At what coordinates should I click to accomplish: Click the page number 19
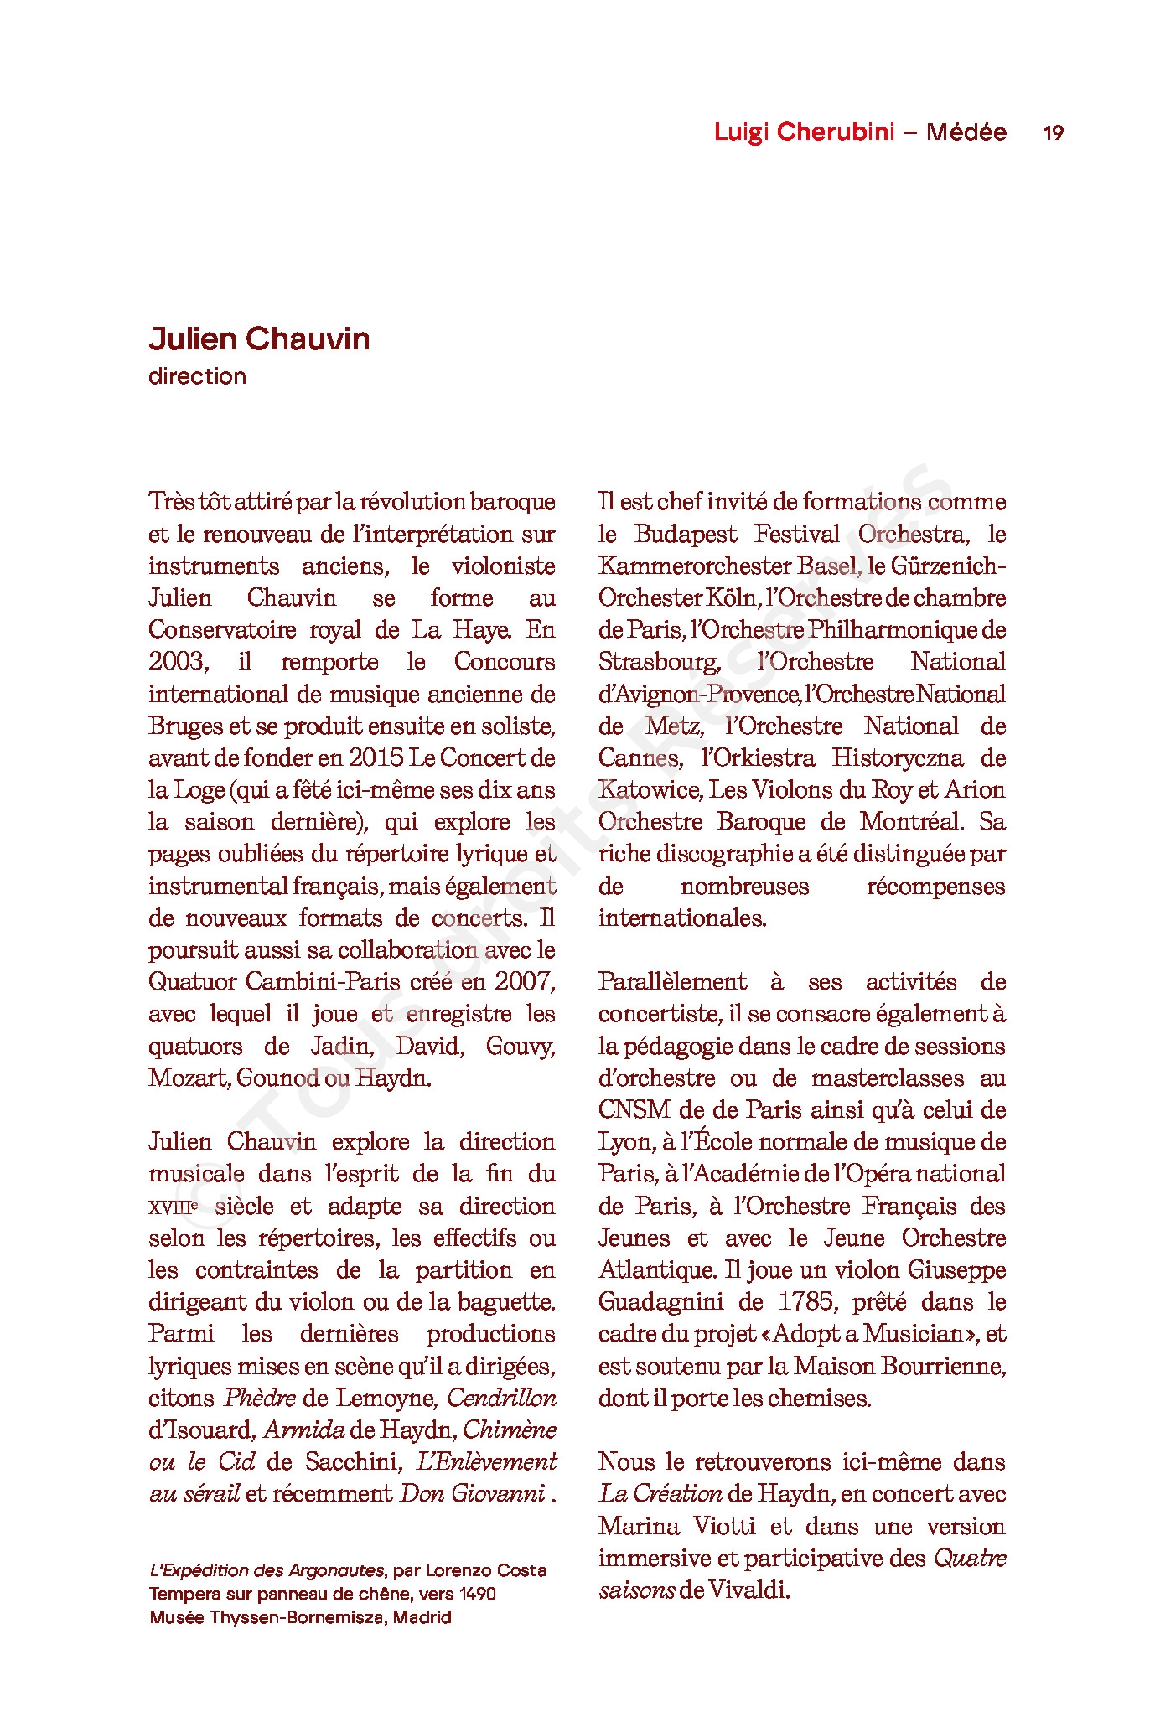tap(1054, 132)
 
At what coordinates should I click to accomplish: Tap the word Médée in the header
tap(966, 132)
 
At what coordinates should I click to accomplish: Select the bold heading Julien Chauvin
tap(259, 339)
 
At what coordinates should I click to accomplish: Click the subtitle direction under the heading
tap(197, 376)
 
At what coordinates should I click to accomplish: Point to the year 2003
tap(177, 662)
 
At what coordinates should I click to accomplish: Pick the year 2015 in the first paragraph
tap(376, 757)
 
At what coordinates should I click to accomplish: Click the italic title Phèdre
tap(260, 1398)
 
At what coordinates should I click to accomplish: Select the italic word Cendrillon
tap(501, 1398)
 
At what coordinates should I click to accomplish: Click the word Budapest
tap(686, 534)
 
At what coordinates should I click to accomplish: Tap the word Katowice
tap(650, 789)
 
